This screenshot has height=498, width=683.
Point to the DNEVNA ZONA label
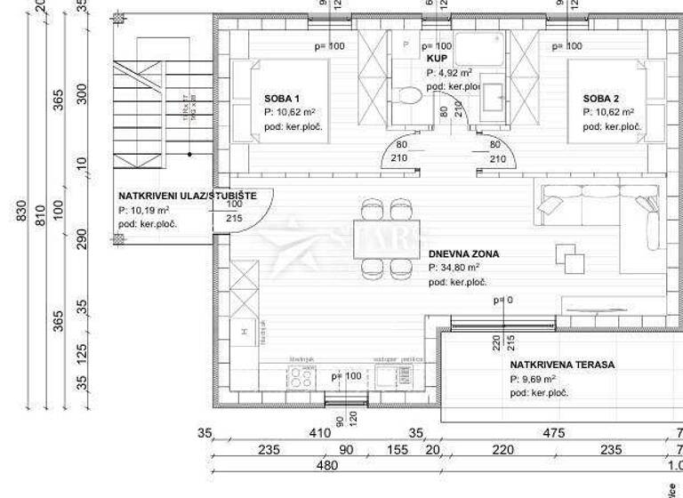click(x=463, y=253)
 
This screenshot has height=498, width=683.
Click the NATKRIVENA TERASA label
click(x=562, y=365)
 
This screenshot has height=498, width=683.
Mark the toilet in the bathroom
click(x=410, y=95)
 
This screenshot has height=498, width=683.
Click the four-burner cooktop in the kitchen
click(x=301, y=377)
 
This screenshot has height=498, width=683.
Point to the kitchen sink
click(x=389, y=377)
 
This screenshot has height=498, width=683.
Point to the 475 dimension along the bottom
click(x=553, y=434)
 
